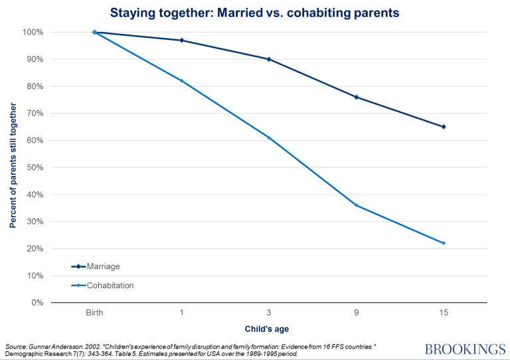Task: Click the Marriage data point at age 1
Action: (181, 41)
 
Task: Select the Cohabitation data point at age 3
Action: (268, 137)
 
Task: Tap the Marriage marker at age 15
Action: (443, 127)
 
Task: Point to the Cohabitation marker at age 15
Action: (443, 243)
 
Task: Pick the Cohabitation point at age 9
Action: (356, 205)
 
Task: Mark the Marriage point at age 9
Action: (356, 97)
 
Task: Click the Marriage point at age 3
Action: (268, 59)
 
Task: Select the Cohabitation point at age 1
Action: (181, 81)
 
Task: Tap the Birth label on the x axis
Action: (94, 312)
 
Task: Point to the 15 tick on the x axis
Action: (443, 312)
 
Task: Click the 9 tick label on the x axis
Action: (356, 312)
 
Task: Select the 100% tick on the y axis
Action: (33, 33)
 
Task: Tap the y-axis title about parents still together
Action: (13, 167)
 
